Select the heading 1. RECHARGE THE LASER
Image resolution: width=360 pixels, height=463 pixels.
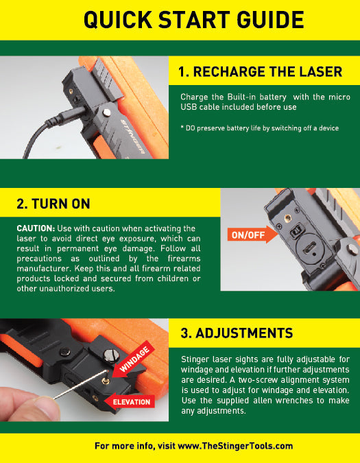(260, 71)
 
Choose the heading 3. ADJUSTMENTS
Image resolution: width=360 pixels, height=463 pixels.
(237, 333)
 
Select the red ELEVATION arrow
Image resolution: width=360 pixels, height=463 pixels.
(130, 401)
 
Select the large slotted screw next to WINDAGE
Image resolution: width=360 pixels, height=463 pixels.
(110, 355)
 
